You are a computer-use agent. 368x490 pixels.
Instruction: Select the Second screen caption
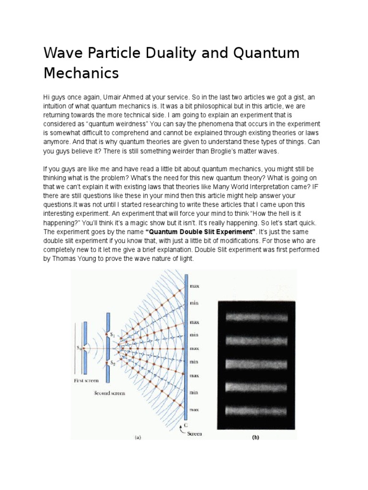coord(110,393)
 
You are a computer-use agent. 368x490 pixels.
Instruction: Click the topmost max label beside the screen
coord(195,286)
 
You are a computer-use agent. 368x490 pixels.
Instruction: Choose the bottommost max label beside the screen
coord(195,410)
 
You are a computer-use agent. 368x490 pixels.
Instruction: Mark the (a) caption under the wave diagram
coord(138,436)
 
